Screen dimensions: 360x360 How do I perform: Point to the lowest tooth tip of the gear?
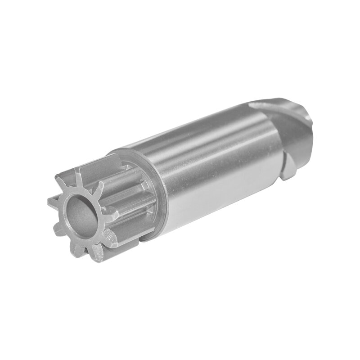(98, 257)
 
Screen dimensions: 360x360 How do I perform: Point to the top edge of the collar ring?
(121, 151)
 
